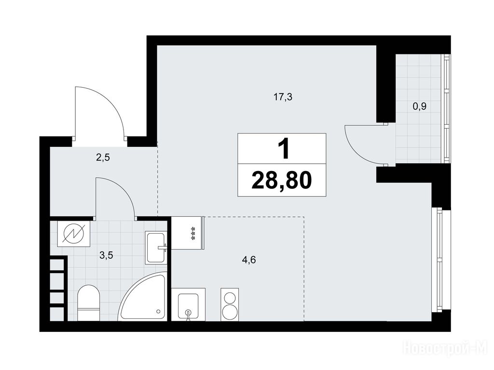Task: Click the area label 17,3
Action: point(283,97)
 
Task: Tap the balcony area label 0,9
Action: point(419,106)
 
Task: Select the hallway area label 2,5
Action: point(103,158)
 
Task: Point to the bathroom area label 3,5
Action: point(106,255)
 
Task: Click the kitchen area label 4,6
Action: point(248,260)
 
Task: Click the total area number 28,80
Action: point(282,181)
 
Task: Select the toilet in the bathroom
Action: point(89,303)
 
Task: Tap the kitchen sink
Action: point(188,304)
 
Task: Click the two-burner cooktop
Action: point(229,304)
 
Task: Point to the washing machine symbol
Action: point(74,234)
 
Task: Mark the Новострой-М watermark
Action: point(445,349)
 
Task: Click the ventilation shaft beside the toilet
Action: point(58,289)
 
